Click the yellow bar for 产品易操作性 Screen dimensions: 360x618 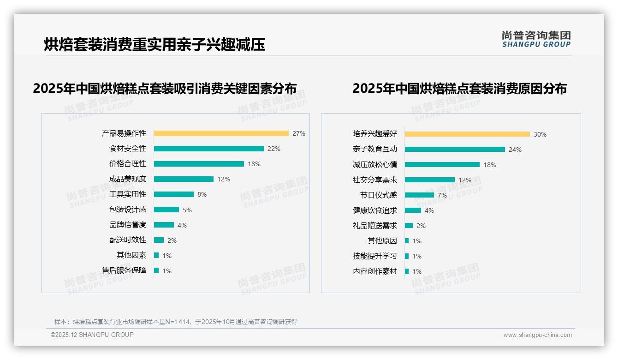click(221, 133)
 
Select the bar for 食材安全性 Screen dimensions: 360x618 click(208, 149)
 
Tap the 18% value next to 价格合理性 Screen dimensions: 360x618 click(254, 164)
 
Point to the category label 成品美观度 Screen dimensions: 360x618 click(128, 179)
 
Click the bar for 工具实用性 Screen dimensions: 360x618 click(173, 194)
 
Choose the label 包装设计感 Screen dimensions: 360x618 click(128, 210)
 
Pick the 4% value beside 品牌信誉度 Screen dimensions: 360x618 click(182, 225)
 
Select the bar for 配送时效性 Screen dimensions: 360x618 click(159, 240)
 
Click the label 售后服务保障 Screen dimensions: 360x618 click(124, 270)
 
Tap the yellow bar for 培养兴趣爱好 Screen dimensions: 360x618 click(467, 134)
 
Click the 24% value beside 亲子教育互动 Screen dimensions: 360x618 click(515, 150)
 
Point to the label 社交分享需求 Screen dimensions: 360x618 click(375, 180)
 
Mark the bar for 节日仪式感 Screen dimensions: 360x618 click(419, 195)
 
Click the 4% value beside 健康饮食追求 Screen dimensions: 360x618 click(429, 210)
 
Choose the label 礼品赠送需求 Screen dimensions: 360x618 click(375, 226)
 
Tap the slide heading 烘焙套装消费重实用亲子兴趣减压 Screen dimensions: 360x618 click(154, 44)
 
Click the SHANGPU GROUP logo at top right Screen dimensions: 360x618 click(536, 39)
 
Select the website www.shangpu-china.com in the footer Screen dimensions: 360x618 click(537, 335)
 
